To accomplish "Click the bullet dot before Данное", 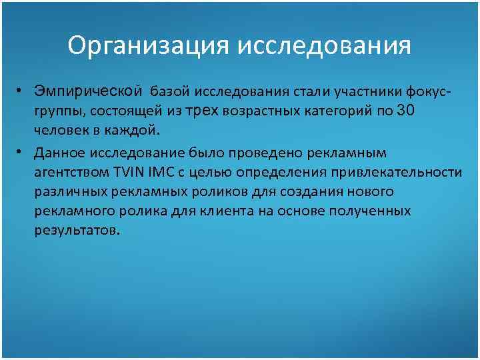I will point(22,153).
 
